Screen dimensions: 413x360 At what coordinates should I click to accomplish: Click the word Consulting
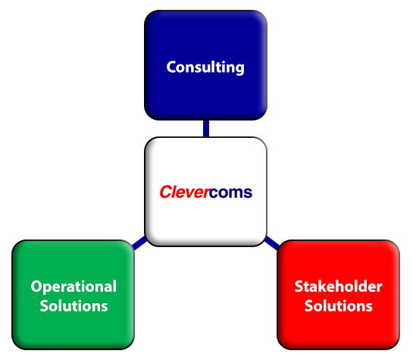(205, 67)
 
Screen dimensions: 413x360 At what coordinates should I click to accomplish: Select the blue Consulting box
(205, 65)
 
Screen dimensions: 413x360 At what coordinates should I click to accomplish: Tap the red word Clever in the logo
(185, 192)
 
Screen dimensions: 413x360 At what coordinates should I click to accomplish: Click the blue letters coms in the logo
(231, 193)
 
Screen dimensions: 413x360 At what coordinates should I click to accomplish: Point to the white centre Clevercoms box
(205, 192)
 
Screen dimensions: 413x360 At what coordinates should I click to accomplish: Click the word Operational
(74, 286)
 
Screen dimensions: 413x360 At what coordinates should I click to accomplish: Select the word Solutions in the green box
(74, 305)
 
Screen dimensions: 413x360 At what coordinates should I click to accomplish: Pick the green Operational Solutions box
(74, 295)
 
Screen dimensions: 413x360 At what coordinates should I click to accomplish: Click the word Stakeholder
(339, 286)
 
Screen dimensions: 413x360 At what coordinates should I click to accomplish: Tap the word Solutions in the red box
(339, 305)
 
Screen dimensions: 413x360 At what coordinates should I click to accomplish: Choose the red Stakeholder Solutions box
(339, 295)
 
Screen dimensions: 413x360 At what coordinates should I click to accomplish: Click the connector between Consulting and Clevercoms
(206, 129)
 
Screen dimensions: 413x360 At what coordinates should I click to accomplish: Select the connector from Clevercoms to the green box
(139, 243)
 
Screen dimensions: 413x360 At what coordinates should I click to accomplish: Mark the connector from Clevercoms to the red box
(272, 243)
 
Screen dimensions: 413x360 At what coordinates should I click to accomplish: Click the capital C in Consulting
(171, 67)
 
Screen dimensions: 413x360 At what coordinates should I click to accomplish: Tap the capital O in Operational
(36, 286)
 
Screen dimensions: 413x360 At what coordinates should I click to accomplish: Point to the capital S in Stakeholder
(299, 286)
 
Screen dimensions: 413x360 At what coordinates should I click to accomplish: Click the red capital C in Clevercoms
(166, 192)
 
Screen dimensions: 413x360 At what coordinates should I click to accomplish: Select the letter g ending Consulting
(239, 70)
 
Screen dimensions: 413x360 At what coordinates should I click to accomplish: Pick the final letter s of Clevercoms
(248, 193)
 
